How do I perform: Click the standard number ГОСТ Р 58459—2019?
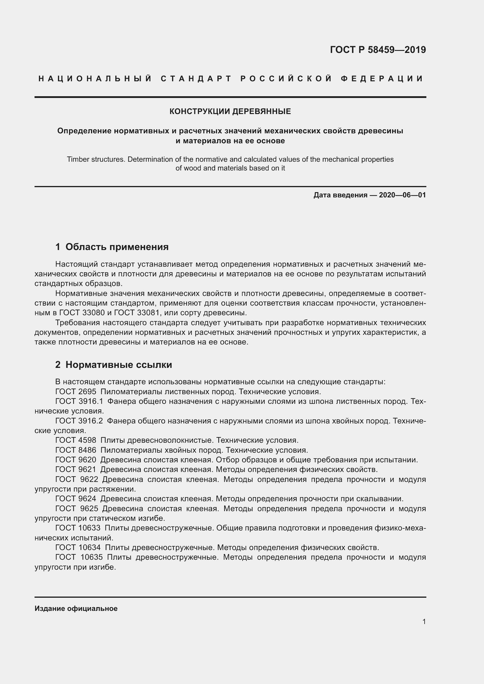377,50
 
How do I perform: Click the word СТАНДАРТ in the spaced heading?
196,79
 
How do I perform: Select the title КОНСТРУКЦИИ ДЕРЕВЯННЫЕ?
230,111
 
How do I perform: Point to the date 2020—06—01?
402,195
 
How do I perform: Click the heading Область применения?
117,247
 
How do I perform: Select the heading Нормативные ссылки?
119,365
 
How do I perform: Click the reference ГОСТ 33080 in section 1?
82,313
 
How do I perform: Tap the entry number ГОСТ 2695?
76,392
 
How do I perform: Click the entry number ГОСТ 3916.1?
79,401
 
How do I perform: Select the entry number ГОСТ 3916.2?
79,421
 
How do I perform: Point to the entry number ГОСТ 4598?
76,440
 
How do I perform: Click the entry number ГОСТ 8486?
76,450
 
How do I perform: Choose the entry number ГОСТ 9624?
76,499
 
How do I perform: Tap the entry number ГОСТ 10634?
78,547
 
